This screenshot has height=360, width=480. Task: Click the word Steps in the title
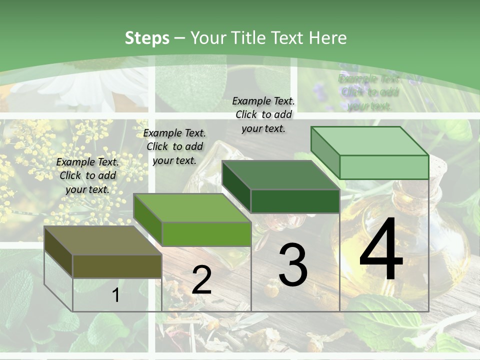[x=147, y=38]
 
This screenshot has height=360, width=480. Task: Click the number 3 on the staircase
[x=293, y=265]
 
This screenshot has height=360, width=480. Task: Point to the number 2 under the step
[x=201, y=280]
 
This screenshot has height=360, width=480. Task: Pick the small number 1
[x=116, y=295]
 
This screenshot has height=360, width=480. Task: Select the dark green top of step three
[x=280, y=175]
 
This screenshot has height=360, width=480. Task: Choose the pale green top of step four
[x=369, y=141]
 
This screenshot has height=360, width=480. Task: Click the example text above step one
[x=87, y=175]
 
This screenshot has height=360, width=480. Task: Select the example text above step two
[x=174, y=146]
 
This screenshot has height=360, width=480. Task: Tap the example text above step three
[x=263, y=114]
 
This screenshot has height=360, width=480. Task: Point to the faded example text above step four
[x=369, y=92]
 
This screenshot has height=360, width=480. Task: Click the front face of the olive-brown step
[x=117, y=266]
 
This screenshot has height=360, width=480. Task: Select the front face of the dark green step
[x=295, y=201]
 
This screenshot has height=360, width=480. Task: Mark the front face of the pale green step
[x=383, y=167]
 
